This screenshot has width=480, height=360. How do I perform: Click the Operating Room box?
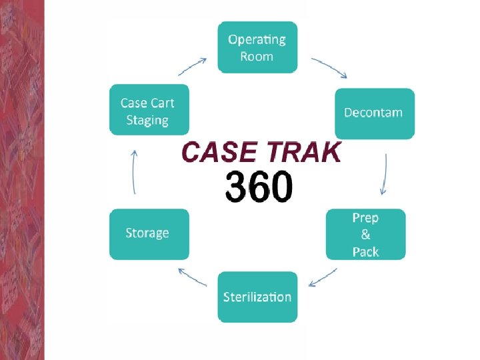coord(257,47)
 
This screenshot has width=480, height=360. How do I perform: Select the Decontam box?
coord(373,113)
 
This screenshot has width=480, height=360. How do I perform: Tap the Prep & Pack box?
coord(365,234)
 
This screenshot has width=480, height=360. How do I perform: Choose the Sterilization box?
coord(257,297)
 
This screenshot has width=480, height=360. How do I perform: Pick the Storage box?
coord(148,233)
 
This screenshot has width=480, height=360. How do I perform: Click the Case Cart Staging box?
coord(149,111)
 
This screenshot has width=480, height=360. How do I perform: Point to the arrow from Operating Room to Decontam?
coord(329,67)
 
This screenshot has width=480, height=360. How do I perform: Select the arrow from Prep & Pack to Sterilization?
coord(323,277)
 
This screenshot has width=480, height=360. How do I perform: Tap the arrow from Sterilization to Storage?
coord(192,276)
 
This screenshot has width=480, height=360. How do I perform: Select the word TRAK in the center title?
coord(303,153)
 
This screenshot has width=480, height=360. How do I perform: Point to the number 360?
coord(259,187)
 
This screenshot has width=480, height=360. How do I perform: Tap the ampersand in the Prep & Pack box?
coord(365,235)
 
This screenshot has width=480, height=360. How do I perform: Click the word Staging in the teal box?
coord(148,121)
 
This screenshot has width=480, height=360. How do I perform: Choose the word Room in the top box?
coord(257,57)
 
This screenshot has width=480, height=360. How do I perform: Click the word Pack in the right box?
coord(365,251)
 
